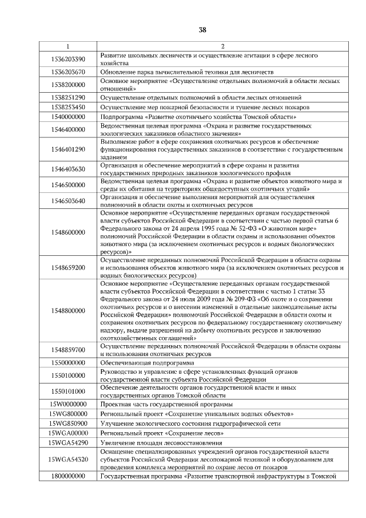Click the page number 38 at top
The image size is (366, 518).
(x=202, y=30)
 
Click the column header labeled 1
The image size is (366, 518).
(x=68, y=46)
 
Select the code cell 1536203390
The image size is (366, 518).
(x=68, y=59)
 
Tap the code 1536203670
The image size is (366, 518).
(x=68, y=72)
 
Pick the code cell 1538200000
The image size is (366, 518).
(x=68, y=85)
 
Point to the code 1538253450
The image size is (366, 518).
(x=68, y=107)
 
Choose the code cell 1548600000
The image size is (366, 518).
(x=68, y=232)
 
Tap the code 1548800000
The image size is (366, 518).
(x=68, y=311)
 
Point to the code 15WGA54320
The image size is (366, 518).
(x=68, y=459)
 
